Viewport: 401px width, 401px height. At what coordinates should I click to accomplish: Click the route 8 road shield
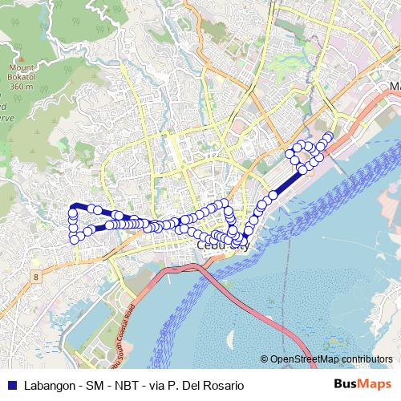36,276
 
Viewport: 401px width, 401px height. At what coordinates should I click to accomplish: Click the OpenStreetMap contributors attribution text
331,359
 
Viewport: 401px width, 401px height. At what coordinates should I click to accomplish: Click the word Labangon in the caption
51,385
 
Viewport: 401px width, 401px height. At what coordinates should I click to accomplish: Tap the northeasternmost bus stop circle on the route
328,136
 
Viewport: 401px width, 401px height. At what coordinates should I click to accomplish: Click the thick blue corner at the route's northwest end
73,208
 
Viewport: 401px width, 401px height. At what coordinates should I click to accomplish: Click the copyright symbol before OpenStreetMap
265,359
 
